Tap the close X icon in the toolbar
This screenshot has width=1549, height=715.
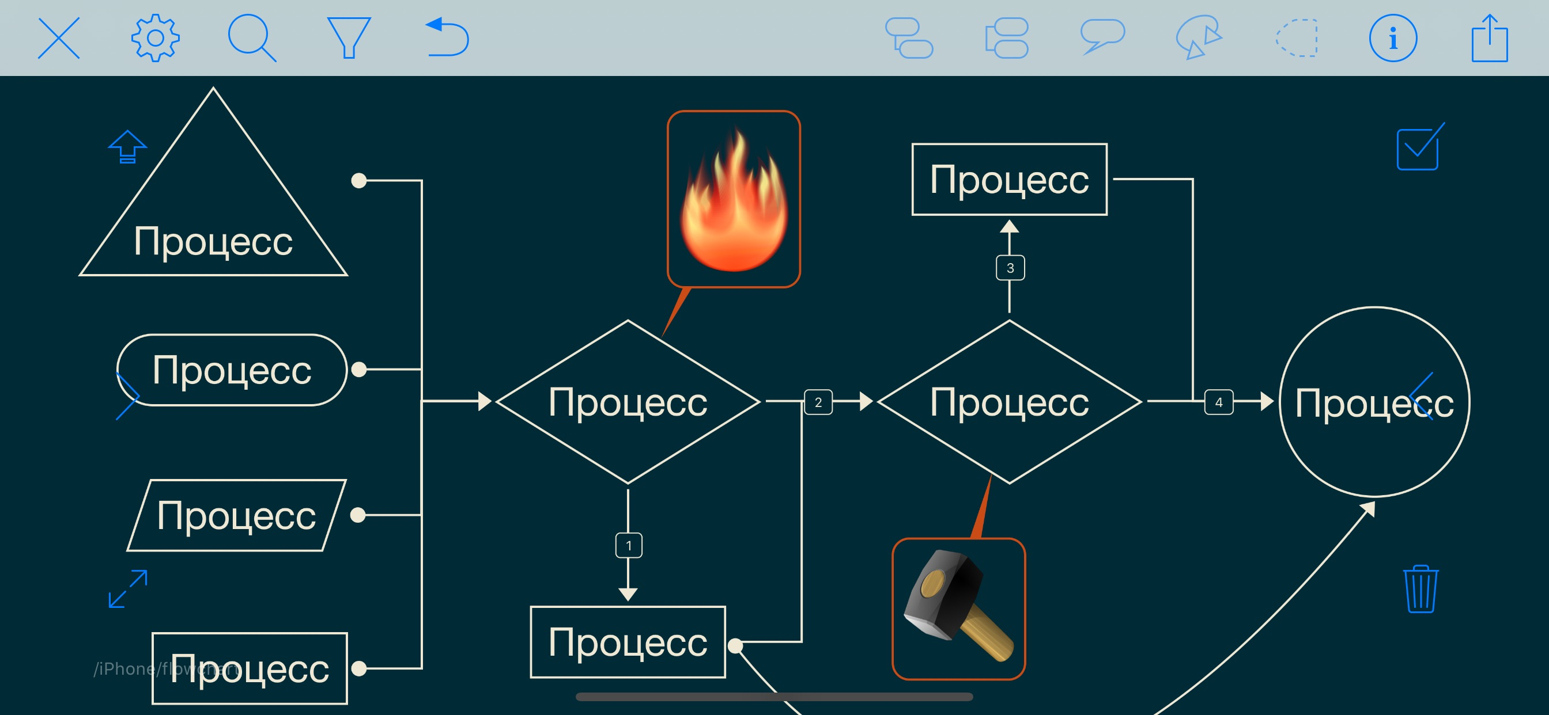pos(59,38)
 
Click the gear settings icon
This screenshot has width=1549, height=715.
pos(155,38)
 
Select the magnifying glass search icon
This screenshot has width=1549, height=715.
pos(251,38)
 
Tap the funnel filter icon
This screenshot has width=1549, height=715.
pos(348,38)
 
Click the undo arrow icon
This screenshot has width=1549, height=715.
pos(447,38)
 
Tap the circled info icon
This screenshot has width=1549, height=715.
pos(1393,38)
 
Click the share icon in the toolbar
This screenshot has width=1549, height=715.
pos(1490,38)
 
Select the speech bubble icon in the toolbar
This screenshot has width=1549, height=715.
pos(1102,36)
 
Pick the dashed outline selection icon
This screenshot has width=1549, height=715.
pos(1297,38)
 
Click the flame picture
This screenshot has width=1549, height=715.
pos(734,199)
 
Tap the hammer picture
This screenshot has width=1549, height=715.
pos(958,608)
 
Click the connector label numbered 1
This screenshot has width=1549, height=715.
pos(628,546)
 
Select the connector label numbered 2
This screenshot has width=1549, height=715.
pos(818,402)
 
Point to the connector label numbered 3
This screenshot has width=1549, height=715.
pos(1010,268)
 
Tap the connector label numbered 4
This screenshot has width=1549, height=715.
pos(1218,402)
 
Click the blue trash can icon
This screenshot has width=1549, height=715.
pos(1420,589)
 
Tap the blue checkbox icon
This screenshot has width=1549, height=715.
pos(1419,148)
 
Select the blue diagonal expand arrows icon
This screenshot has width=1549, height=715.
pos(127,589)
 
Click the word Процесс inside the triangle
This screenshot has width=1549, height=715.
pos(213,242)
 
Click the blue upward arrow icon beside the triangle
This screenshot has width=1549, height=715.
pos(127,147)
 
